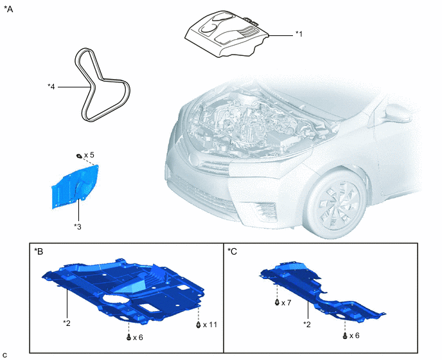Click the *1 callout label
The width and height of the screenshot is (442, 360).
(x=299, y=34)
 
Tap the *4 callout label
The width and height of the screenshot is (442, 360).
(x=51, y=87)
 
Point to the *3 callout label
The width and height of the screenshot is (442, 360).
(x=78, y=226)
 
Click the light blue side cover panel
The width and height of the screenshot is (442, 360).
(x=75, y=186)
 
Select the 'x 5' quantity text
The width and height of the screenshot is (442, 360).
(x=89, y=155)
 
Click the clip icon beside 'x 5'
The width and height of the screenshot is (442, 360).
(x=79, y=156)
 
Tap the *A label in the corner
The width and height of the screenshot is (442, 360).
(x=8, y=9)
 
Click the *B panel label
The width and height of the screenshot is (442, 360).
(x=39, y=251)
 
